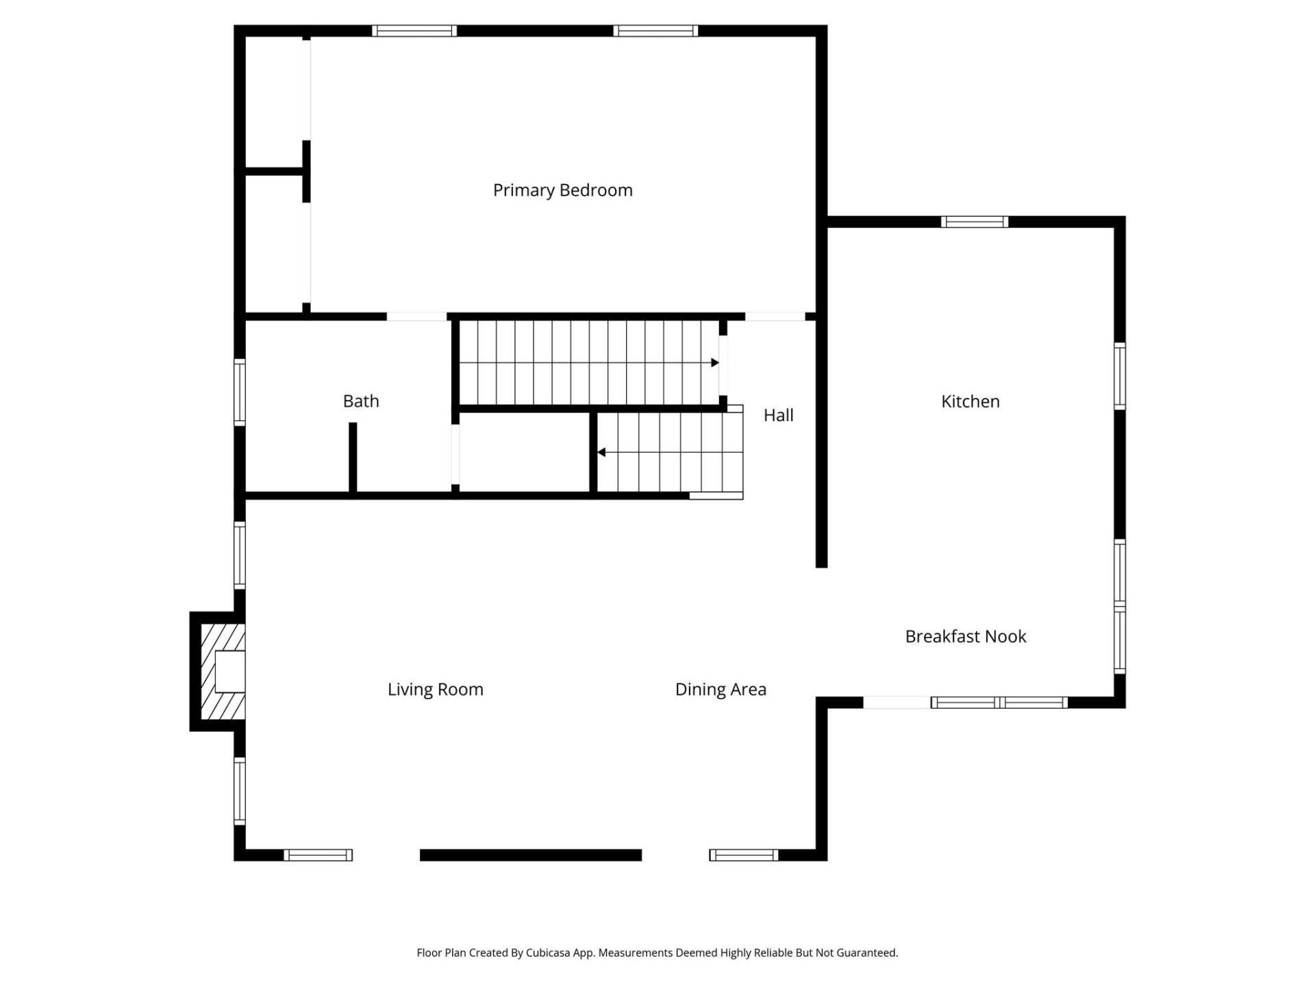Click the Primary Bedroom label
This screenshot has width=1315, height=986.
(x=562, y=190)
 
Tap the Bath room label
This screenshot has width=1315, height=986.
(x=361, y=401)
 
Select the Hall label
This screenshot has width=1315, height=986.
(x=778, y=416)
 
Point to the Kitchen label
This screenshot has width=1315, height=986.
(x=970, y=402)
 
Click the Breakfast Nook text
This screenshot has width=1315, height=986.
(x=965, y=637)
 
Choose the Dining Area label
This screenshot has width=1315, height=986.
(x=721, y=690)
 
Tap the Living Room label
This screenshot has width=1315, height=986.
(x=436, y=690)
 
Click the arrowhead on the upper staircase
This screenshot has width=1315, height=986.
(x=714, y=363)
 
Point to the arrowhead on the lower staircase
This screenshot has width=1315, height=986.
(x=601, y=453)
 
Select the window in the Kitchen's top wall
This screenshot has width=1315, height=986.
(x=974, y=222)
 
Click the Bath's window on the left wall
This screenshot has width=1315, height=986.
(x=240, y=392)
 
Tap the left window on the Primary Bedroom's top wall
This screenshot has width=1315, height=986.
(x=414, y=31)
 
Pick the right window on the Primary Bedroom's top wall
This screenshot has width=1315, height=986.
(x=655, y=31)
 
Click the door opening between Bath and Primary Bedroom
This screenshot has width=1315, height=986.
(x=416, y=316)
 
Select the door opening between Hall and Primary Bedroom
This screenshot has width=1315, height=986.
(x=775, y=316)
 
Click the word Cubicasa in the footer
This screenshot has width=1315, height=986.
(x=548, y=952)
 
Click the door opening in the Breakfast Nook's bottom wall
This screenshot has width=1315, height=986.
(x=897, y=703)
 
